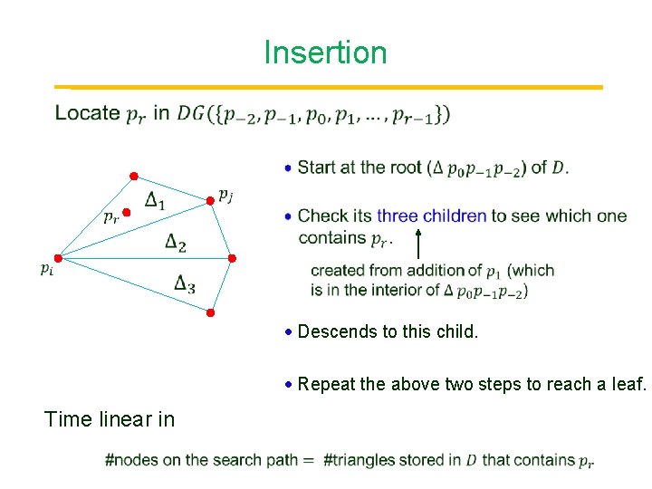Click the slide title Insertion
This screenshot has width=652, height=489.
pyautogui.click(x=325, y=53)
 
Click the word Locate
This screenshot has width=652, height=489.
pyautogui.click(x=87, y=113)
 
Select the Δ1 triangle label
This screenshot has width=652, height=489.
pyautogui.click(x=155, y=202)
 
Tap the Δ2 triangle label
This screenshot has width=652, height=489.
pyautogui.click(x=176, y=242)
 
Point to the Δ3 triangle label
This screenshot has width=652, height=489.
pyautogui.click(x=185, y=283)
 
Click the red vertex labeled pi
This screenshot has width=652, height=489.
pyautogui.click(x=58, y=258)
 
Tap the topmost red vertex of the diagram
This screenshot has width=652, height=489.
pyautogui.click(x=132, y=175)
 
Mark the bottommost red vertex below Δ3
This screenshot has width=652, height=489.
pyautogui.click(x=209, y=313)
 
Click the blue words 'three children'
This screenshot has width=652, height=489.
pyautogui.click(x=432, y=216)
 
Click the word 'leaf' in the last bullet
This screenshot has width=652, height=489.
pyautogui.click(x=626, y=384)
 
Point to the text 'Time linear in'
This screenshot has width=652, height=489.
pyautogui.click(x=110, y=418)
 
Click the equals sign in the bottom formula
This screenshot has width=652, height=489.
pyautogui.click(x=308, y=460)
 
